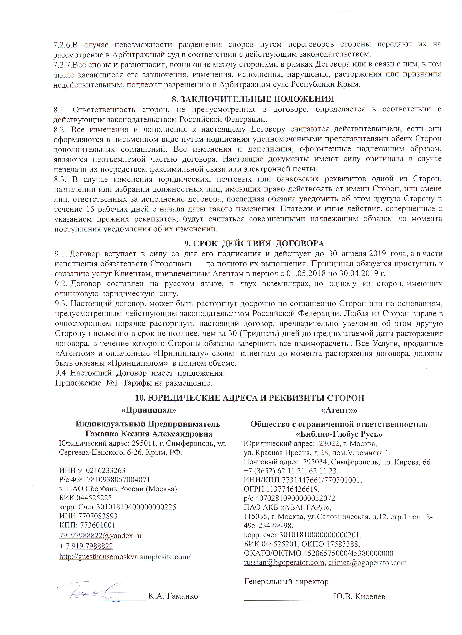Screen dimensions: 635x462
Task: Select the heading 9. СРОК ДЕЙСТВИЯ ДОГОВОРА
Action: (x=254, y=243)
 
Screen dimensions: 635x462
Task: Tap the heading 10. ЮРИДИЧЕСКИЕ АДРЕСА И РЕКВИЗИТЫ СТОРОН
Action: (x=249, y=398)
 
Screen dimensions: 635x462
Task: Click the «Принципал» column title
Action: (x=149, y=410)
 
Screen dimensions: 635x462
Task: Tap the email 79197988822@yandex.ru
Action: (x=101, y=536)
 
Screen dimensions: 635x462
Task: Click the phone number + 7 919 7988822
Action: (x=86, y=546)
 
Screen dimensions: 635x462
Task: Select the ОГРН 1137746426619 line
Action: (x=282, y=489)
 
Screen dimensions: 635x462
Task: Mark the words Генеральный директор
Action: (x=286, y=582)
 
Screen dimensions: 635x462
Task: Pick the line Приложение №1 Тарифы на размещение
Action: (x=133, y=383)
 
